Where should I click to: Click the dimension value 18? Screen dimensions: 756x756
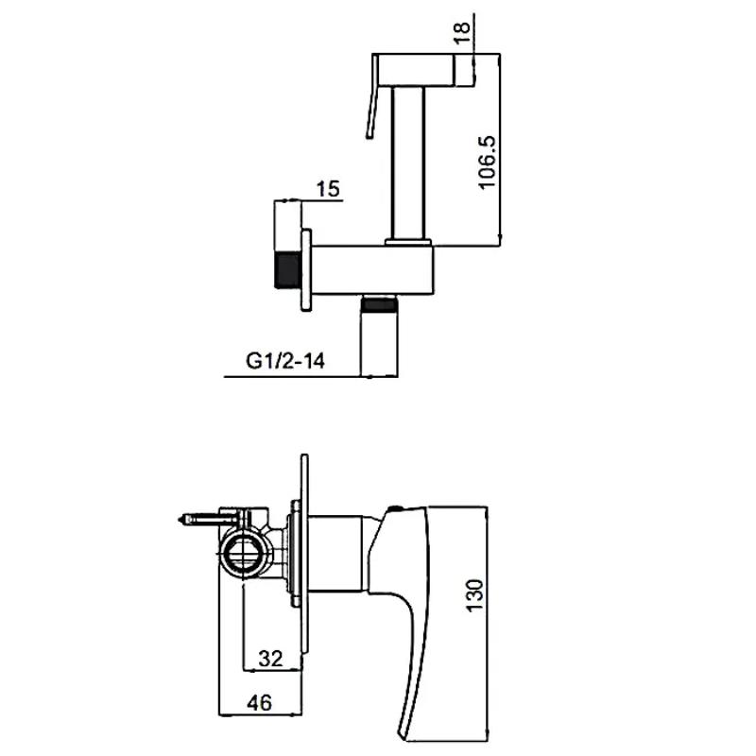coord(462,32)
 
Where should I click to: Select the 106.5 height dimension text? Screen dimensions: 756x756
coord(487,163)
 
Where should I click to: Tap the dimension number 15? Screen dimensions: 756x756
coord(328,188)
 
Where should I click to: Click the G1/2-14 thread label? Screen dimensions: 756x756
coord(285,361)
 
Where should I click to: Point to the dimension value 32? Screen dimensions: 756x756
coord(270,658)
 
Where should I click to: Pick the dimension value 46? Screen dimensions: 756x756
coord(259,702)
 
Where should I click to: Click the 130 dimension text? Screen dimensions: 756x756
coord(474,595)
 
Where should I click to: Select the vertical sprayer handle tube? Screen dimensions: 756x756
coord(408,163)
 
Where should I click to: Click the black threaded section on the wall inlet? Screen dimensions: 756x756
coord(288,270)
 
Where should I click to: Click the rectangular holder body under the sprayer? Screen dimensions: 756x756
coord(372,269)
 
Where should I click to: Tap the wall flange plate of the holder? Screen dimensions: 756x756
coord(306,270)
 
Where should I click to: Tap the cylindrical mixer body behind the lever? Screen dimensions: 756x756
coord(335,553)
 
